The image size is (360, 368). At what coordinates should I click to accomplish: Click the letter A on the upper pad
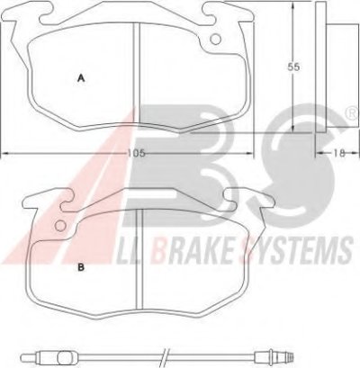[81, 78]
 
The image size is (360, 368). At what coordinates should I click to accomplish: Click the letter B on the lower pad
[81, 267]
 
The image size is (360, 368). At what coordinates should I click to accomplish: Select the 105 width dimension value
[137, 153]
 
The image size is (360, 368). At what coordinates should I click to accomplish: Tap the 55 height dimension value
[293, 67]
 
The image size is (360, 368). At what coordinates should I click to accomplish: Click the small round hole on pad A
[215, 39]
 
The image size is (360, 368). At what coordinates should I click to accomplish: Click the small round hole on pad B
[61, 225]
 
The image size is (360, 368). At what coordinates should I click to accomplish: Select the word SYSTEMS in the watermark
[297, 248]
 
